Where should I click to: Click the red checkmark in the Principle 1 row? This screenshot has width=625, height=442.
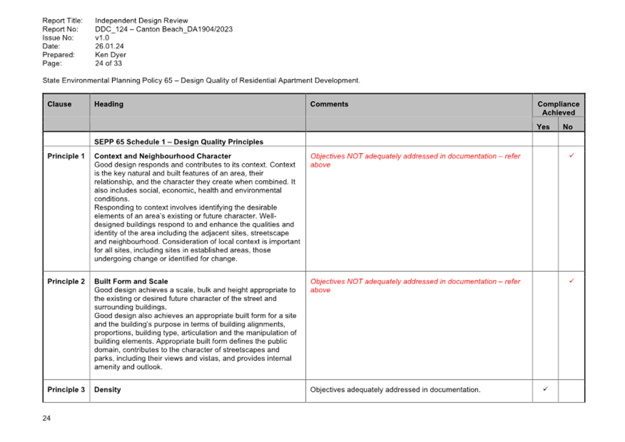tap(572, 155)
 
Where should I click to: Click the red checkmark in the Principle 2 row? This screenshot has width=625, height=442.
tap(572, 281)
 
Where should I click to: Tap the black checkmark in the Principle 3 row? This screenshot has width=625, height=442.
tap(546, 389)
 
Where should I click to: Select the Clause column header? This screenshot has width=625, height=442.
tap(59, 104)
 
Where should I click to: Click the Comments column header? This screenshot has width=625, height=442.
tap(329, 104)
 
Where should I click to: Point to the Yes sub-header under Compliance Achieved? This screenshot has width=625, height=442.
tap(543, 127)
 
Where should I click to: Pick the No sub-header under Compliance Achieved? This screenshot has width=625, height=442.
tap(568, 127)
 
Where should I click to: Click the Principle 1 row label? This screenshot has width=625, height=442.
tap(66, 156)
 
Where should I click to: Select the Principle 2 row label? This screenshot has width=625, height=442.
tap(66, 281)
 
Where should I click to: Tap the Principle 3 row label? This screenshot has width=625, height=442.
tap(66, 389)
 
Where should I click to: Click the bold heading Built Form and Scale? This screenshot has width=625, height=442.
tap(131, 281)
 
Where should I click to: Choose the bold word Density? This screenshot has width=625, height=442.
tap(107, 389)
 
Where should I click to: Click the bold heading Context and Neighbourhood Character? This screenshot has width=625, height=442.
tap(163, 156)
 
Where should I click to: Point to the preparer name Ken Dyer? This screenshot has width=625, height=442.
tap(110, 55)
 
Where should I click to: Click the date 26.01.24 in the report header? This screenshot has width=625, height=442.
tap(109, 46)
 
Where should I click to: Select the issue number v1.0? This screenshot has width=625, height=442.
tap(102, 38)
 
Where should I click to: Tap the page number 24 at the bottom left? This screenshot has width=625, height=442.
tap(46, 418)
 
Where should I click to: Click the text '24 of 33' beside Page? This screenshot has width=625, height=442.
tap(108, 63)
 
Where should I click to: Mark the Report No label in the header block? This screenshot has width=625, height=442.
tap(60, 29)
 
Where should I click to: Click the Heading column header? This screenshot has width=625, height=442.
tap(109, 105)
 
